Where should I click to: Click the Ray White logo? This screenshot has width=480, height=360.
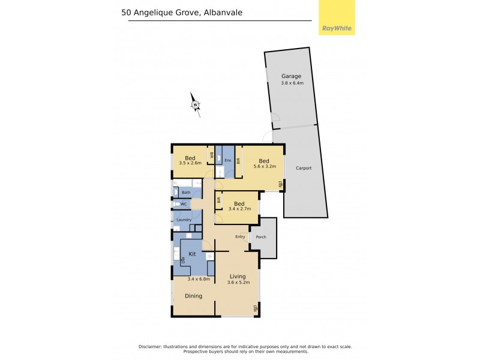click(x=336, y=28)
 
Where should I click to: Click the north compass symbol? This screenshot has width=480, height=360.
click(x=196, y=104)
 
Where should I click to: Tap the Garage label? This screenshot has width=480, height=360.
click(x=292, y=76)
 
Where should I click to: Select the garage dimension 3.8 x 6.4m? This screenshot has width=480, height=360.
click(x=292, y=83)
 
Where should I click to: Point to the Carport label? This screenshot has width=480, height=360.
click(x=304, y=168)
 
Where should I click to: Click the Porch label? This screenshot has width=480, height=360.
click(x=261, y=236)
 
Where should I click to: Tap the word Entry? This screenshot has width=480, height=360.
click(x=241, y=236)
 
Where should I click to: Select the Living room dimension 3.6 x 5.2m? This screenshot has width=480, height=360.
click(x=238, y=282)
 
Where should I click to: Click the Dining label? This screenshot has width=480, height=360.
click(x=193, y=296)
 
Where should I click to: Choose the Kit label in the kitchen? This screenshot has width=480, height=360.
click(x=192, y=254)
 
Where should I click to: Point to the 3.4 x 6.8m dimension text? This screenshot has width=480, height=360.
click(x=199, y=278)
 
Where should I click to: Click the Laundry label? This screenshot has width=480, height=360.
click(x=184, y=220)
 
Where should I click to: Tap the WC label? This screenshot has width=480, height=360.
click(x=184, y=205)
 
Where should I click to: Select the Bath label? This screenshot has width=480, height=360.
click(x=186, y=192)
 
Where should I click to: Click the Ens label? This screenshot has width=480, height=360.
click(x=227, y=160)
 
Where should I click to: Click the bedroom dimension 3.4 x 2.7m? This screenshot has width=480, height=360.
click(x=239, y=209)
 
